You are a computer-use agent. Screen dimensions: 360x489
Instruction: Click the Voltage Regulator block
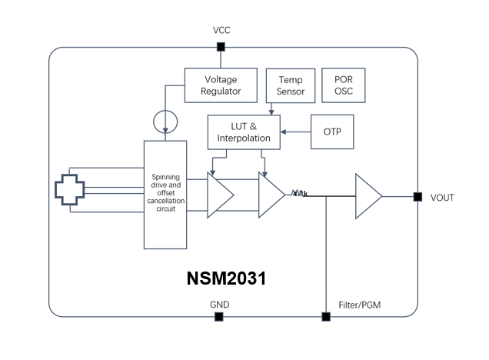[x=221, y=85]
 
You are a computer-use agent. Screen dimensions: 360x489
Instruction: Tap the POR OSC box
[x=344, y=85]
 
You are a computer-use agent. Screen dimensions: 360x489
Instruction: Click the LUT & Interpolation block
[x=244, y=132]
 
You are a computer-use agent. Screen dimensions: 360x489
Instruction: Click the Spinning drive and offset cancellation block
[x=165, y=194]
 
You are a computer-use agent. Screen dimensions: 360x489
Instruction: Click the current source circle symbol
[x=165, y=121]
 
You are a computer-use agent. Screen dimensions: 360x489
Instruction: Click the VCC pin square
[x=221, y=47]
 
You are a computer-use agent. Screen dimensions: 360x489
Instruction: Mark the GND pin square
[x=219, y=316]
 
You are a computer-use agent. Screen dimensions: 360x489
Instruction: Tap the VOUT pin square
[x=417, y=197]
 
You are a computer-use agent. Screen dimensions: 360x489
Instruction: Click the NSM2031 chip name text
[x=226, y=278]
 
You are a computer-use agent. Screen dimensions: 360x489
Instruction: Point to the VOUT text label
[x=442, y=198]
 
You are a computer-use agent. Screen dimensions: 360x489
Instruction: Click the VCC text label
[x=221, y=30]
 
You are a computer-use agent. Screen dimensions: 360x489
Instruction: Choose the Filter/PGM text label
[x=359, y=305]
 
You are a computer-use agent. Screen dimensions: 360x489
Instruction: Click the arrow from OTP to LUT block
[x=295, y=132]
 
